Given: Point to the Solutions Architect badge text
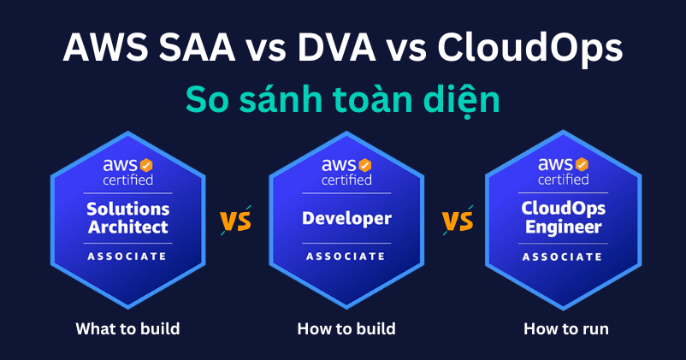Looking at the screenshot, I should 128,218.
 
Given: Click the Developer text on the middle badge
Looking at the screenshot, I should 346,218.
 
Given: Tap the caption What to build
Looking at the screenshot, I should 127,328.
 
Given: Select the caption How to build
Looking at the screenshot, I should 346,328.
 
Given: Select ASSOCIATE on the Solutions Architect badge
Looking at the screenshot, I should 128,256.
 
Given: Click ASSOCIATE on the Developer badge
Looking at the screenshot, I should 346,256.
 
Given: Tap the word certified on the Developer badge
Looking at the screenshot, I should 346,180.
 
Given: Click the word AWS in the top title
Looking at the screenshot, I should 103,48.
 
